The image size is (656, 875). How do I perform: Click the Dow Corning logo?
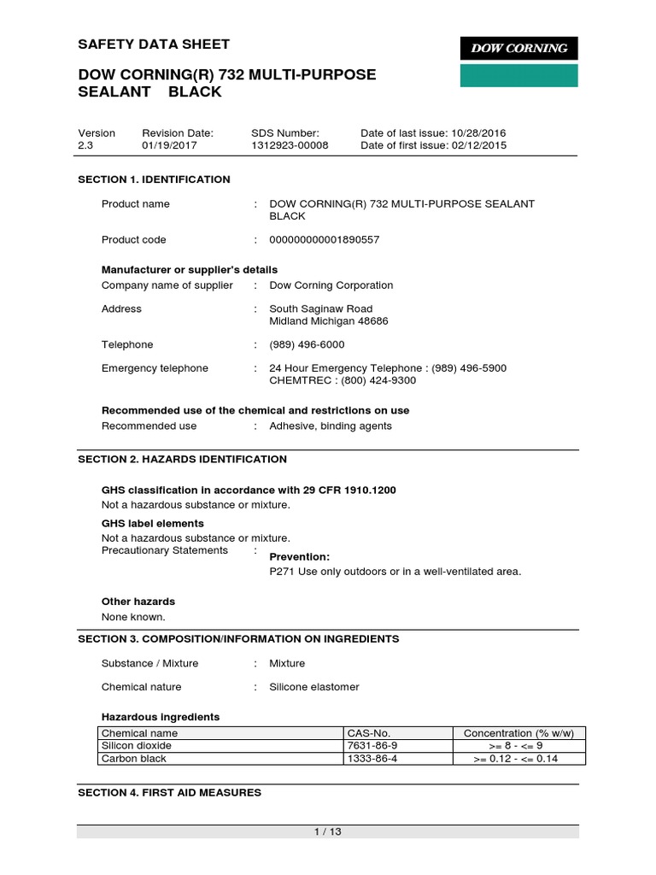point(519,49)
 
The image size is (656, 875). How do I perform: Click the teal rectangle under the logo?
point(519,75)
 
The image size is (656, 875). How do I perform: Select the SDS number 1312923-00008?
point(290,146)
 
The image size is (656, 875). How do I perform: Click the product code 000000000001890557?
point(324,240)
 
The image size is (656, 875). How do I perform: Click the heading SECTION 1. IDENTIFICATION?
point(154,179)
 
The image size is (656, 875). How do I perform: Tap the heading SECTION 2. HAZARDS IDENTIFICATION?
point(182,460)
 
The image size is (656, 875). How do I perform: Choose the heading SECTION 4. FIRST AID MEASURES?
point(169,793)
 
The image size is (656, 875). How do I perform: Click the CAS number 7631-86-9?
point(372,746)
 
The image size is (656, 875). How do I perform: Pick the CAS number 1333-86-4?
point(372,759)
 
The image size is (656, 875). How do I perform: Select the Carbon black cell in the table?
point(134,759)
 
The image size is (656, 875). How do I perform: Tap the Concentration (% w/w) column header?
point(518,734)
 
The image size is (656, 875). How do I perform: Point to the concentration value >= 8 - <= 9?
point(518,746)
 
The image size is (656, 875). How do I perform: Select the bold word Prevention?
point(300,557)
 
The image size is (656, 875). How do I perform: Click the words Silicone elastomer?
point(314,687)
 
